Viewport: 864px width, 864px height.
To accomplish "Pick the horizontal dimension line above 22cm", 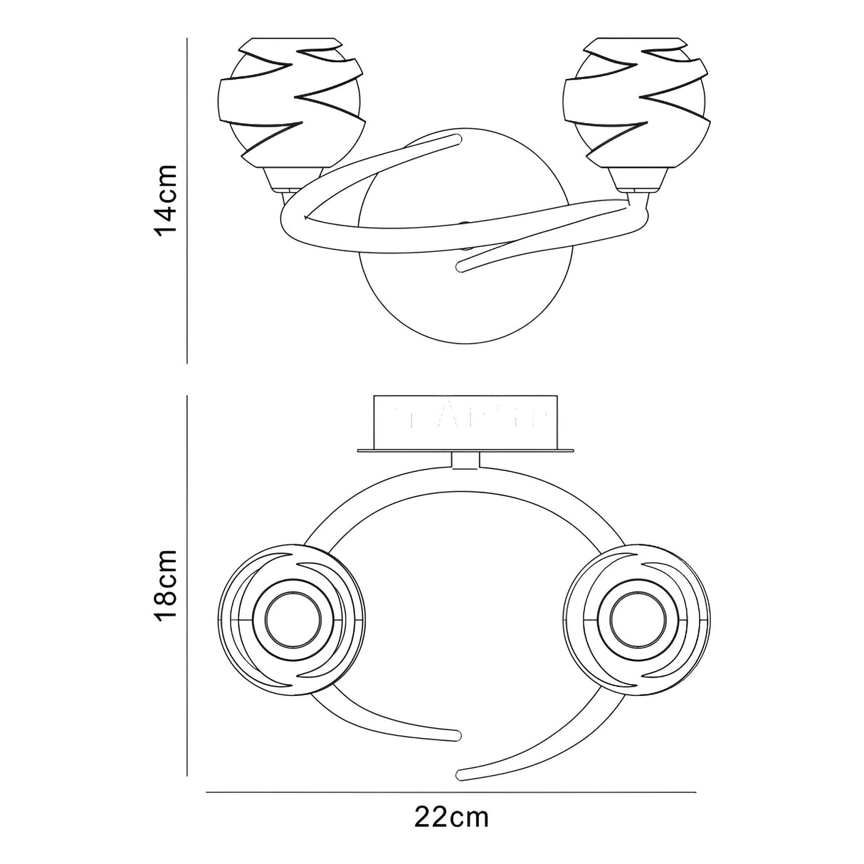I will [451, 792].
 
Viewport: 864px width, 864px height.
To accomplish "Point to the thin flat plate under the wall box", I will [467, 451].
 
